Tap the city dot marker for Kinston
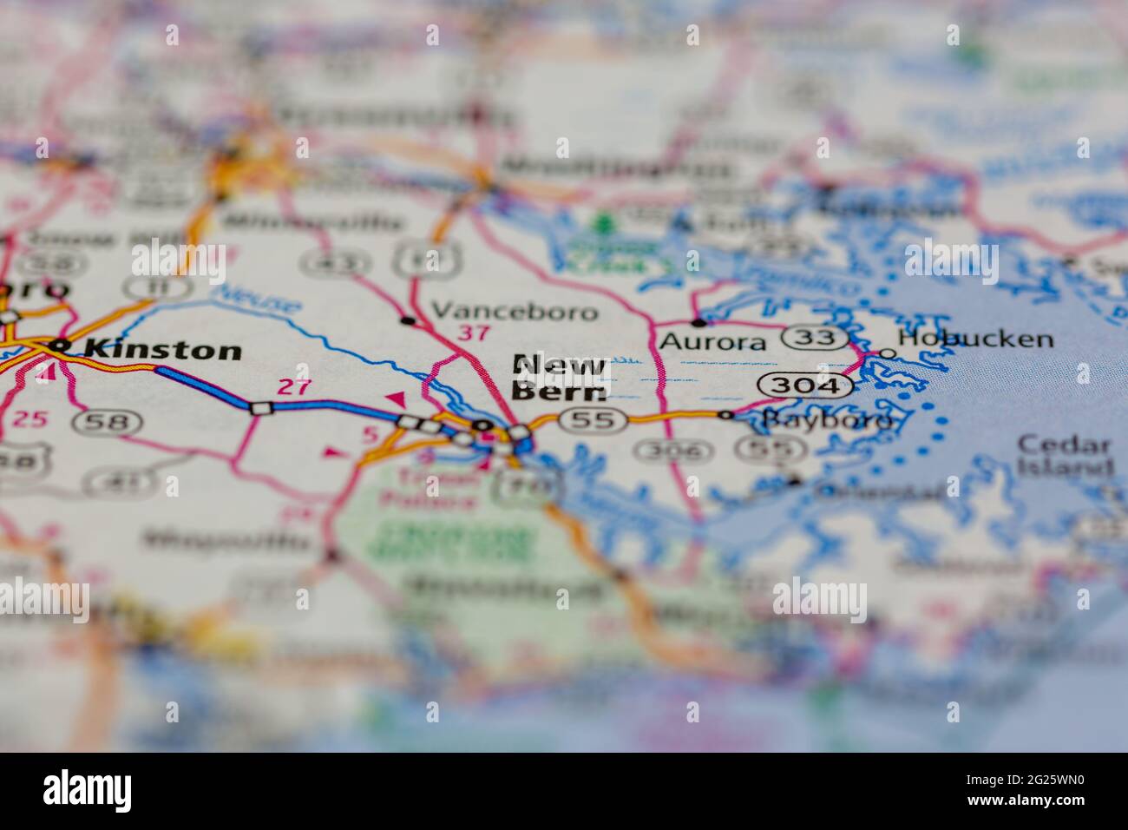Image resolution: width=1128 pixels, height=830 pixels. [59, 346]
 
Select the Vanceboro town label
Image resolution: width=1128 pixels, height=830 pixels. [515, 311]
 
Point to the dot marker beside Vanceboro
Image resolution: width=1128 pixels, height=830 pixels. [407, 320]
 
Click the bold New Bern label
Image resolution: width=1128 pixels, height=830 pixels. [559, 377]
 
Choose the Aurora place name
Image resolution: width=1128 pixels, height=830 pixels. [713, 342]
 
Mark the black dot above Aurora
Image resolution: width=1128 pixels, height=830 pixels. [698, 322]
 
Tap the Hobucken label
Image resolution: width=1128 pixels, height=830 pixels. [976, 339]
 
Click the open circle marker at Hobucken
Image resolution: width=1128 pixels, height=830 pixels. [888, 352]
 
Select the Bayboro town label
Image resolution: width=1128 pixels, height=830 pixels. [826, 420]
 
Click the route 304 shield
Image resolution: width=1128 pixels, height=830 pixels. [803, 385]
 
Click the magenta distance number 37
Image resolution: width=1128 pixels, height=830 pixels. [474, 333]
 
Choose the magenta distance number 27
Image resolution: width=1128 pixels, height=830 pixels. [293, 387]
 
